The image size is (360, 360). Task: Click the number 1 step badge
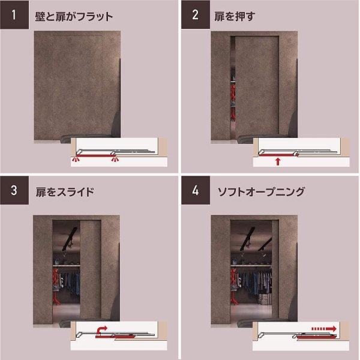(x=14, y=14)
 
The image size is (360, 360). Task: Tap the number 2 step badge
(x=196, y=14)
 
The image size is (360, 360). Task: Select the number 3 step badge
(x=14, y=190)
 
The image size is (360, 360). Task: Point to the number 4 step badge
(x=196, y=190)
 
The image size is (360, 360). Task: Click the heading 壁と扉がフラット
(x=74, y=17)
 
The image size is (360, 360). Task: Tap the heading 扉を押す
(x=235, y=17)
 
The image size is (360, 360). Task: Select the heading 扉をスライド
(x=65, y=192)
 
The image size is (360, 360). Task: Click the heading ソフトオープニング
(x=261, y=192)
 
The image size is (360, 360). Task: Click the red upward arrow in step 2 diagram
(x=278, y=161)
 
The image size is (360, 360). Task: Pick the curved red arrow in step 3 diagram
(x=101, y=329)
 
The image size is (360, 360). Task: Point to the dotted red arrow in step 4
(x=324, y=329)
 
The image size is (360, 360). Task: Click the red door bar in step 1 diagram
(x=95, y=155)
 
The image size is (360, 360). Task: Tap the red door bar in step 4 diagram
(x=316, y=337)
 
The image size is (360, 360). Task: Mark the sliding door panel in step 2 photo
(x=257, y=85)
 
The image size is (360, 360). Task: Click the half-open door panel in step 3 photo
(x=91, y=269)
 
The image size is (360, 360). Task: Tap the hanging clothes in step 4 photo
(x=256, y=282)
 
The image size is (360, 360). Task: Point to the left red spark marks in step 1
(x=76, y=159)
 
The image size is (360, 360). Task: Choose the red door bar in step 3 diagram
(x=115, y=337)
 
